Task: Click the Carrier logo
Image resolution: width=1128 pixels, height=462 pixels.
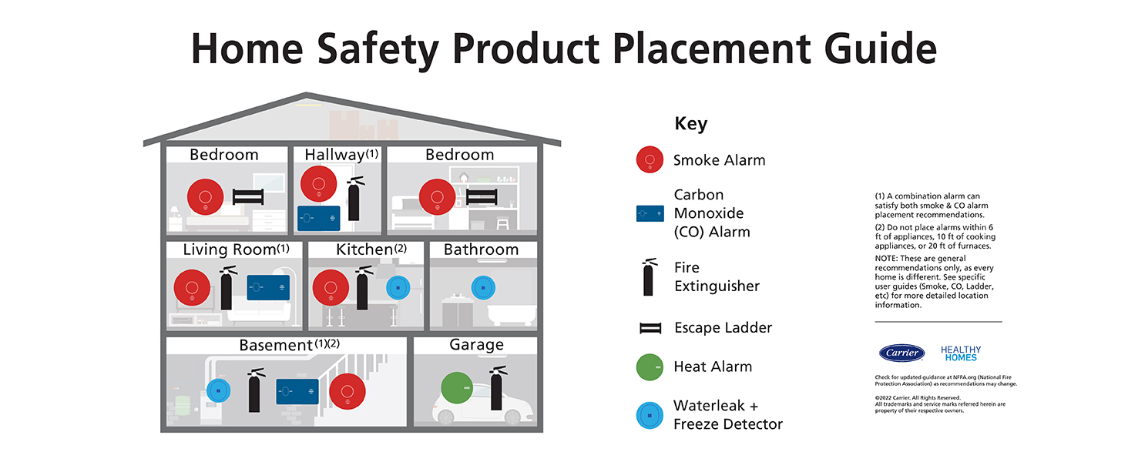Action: click(x=902, y=353)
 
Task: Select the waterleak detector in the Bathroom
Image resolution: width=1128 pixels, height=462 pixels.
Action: click(x=482, y=286)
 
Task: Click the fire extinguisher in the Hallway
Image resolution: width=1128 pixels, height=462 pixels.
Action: click(x=354, y=199)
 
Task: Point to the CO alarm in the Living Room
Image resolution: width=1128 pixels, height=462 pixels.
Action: click(x=268, y=288)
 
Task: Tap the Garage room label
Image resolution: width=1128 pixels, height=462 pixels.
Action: click(x=476, y=345)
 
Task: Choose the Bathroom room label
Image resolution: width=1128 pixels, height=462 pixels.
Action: click(x=481, y=249)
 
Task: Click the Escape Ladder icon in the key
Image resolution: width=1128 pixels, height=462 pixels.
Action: click(x=650, y=328)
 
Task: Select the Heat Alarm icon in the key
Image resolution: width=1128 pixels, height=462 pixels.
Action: click(x=650, y=367)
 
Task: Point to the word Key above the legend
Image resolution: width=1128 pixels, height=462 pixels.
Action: click(x=690, y=124)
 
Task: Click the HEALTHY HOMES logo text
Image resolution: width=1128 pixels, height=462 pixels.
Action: click(x=961, y=353)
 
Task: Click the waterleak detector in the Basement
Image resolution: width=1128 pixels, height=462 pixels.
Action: click(x=218, y=391)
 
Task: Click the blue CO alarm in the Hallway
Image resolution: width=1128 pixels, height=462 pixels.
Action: click(x=319, y=218)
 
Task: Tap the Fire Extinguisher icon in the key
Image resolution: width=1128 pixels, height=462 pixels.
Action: click(x=650, y=276)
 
